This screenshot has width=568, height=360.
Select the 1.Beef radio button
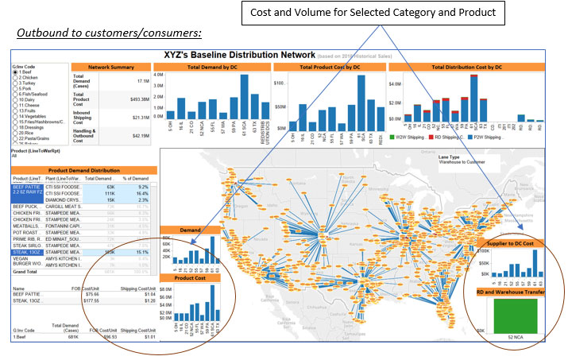(x=14, y=72)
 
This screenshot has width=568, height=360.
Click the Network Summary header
(x=110, y=68)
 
